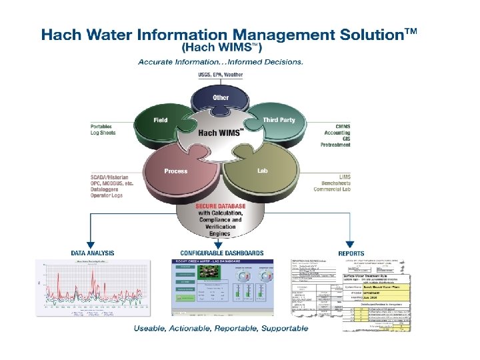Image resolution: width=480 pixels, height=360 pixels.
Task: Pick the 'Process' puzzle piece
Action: [176, 171]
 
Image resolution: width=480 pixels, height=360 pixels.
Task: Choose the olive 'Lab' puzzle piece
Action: [262, 171]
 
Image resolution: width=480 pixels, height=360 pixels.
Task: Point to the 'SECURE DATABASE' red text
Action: [219, 207]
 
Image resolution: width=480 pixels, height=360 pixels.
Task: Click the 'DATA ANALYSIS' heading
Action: [93, 253]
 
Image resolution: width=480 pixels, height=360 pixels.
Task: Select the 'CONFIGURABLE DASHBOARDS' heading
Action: [222, 253]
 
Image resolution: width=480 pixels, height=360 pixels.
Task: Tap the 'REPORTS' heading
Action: [351, 253]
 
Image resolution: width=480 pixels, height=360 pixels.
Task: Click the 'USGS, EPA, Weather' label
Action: [221, 74]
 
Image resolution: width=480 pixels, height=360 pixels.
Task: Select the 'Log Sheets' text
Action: [103, 133]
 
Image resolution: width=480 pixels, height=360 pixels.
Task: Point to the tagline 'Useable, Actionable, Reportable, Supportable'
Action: [221, 328]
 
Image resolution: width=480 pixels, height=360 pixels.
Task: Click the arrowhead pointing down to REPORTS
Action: [351, 245]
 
